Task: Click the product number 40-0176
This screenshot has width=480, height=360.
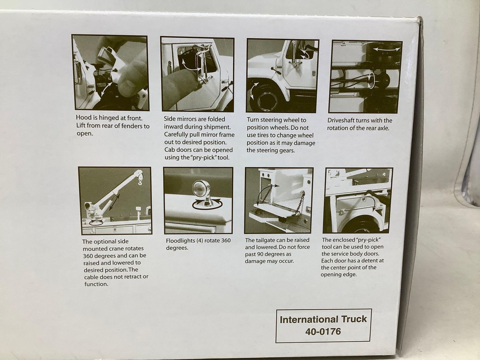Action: [x=323, y=331]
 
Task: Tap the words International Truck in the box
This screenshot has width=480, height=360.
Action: [x=323, y=319]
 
